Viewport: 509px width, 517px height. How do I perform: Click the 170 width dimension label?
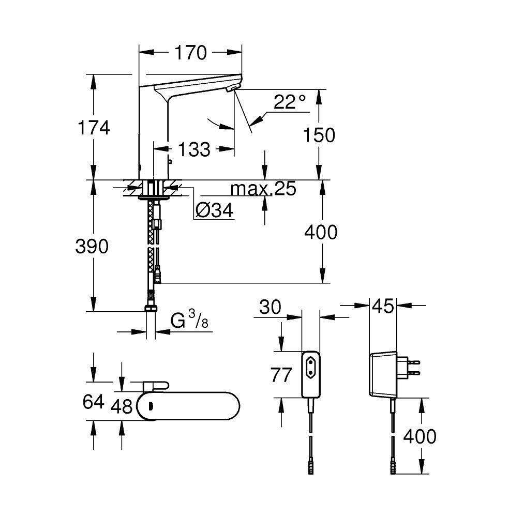(191, 52)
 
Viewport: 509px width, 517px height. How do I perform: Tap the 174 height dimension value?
(93, 127)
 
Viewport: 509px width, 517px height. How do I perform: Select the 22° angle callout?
(290, 102)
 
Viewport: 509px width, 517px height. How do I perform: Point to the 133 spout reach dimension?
(194, 150)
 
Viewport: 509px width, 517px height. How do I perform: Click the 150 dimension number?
(319, 135)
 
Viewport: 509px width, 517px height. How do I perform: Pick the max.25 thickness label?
(264, 189)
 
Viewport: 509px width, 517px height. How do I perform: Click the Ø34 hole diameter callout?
(215, 210)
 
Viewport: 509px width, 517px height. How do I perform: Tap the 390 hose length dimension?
(92, 247)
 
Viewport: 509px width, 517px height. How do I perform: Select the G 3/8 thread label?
(189, 321)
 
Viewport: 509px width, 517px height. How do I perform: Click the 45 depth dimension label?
(382, 307)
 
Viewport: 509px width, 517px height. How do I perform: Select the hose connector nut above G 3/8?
(151, 309)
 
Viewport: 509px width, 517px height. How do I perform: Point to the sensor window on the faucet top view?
(151, 406)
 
